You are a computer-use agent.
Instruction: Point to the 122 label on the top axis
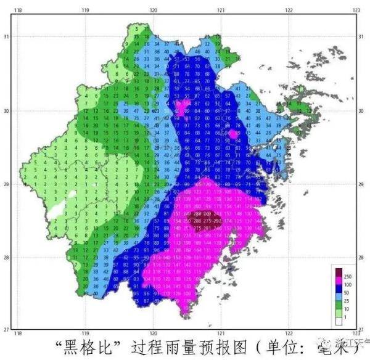coord(288,10)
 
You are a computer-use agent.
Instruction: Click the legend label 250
coord(347,276)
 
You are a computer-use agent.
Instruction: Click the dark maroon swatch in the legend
coord(337,272)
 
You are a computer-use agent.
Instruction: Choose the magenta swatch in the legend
coord(337,280)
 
